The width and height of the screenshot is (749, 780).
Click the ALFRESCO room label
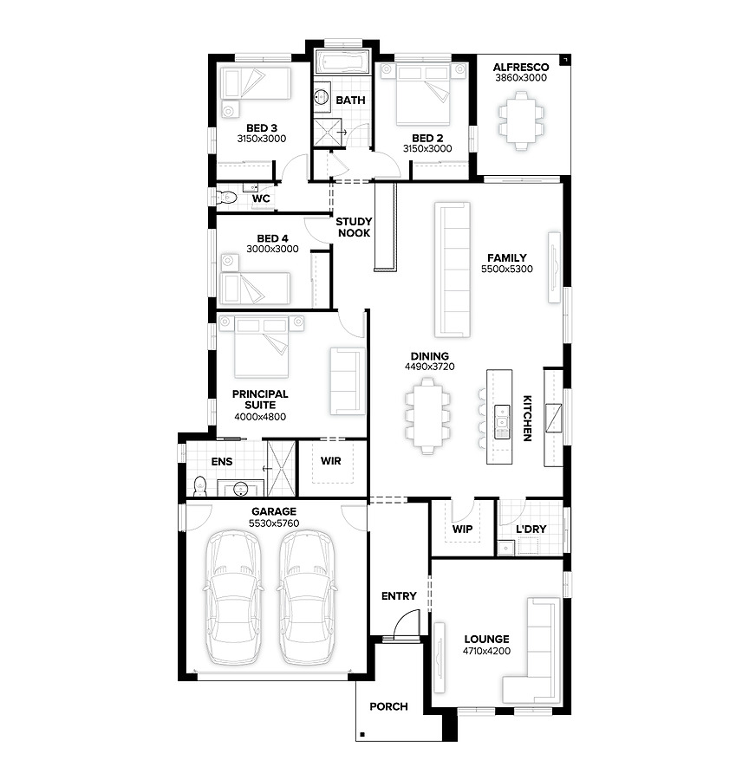[520, 67]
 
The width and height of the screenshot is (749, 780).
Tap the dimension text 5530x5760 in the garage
[274, 523]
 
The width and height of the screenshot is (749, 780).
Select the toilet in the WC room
[226, 198]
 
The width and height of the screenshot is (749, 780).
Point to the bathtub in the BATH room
[342, 62]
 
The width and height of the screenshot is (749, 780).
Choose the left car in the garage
[233, 597]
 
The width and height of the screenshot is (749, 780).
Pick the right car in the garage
[305, 597]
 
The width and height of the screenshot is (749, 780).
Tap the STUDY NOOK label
[354, 227]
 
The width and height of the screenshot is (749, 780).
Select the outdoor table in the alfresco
[521, 120]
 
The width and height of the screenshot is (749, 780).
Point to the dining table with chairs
[427, 416]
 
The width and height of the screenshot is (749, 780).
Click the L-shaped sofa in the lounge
[532, 651]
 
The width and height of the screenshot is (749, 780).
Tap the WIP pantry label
[462, 529]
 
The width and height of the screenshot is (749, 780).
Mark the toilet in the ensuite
[199, 486]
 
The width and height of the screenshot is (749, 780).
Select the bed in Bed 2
[424, 94]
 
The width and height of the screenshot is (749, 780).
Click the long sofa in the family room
[453, 270]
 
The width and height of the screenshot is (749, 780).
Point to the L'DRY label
[531, 529]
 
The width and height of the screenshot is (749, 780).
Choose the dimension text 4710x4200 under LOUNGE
[486, 651]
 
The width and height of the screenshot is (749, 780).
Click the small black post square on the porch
[362, 734]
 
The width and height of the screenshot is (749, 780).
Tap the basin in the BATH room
[322, 94]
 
